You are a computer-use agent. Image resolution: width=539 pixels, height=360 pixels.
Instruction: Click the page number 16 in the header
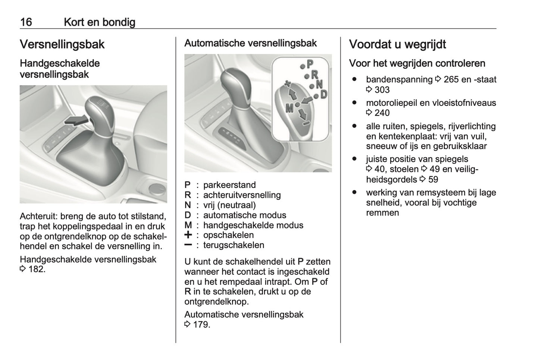click(26, 22)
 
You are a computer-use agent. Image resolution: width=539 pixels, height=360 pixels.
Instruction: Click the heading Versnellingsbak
click(62, 44)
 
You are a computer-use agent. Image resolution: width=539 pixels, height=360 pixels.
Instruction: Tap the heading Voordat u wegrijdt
click(397, 44)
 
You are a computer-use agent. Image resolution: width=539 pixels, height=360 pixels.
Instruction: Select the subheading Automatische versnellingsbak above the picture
click(250, 43)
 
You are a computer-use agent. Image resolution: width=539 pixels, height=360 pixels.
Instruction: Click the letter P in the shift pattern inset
click(310, 63)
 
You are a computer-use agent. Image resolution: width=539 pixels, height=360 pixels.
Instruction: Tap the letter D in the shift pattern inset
click(323, 94)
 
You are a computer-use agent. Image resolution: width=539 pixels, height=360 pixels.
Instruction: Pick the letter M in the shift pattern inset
click(289, 108)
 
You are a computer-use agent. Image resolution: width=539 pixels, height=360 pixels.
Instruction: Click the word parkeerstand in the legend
click(229, 185)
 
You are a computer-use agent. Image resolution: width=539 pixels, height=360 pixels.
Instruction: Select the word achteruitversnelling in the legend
click(242, 195)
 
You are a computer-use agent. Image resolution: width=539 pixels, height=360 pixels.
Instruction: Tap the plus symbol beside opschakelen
click(188, 235)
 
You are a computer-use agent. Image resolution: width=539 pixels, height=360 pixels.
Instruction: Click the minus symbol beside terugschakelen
click(188, 245)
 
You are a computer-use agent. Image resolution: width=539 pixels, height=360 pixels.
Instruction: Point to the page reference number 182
click(37, 269)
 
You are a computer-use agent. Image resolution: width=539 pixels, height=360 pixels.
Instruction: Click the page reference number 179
click(201, 324)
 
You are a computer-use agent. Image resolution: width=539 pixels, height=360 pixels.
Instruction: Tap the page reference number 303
click(382, 90)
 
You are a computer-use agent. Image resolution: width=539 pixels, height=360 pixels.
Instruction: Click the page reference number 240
click(382, 113)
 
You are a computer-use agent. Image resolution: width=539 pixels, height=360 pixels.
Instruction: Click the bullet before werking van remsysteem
click(354, 192)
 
